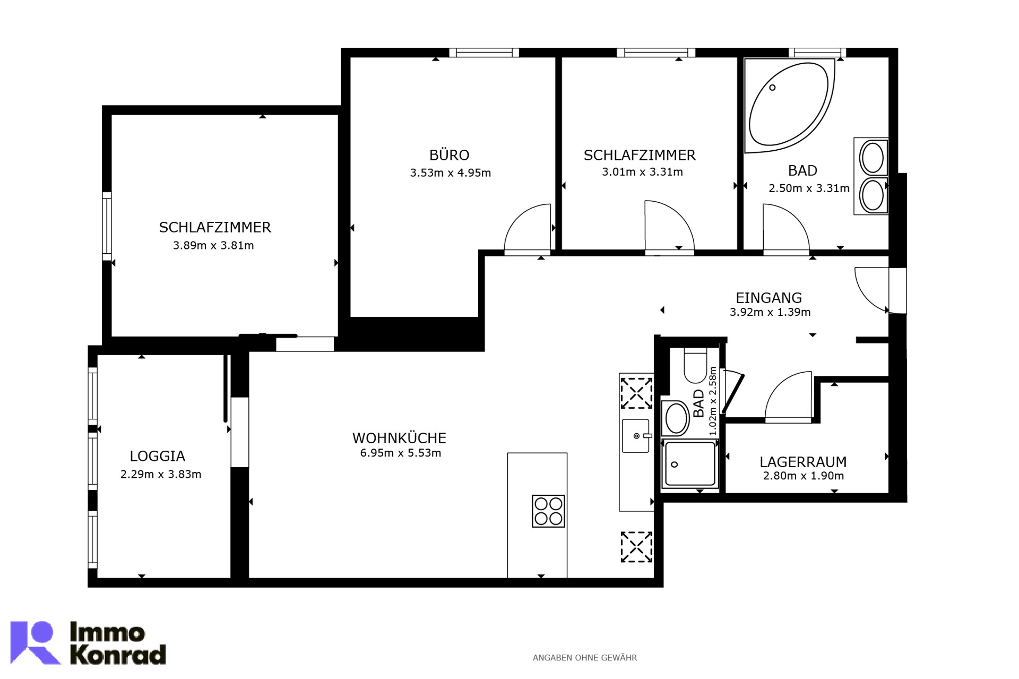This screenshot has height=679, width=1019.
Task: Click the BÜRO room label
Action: tap(449, 155)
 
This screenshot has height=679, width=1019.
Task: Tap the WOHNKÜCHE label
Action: tap(399, 438)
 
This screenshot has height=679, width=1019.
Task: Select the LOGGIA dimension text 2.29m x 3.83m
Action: tap(161, 474)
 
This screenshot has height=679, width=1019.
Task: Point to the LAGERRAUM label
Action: tap(803, 462)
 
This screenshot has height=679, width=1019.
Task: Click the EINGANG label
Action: tap(768, 298)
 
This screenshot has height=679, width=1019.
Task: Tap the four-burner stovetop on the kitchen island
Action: tap(548, 511)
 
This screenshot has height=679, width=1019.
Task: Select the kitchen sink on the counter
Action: tap(636, 435)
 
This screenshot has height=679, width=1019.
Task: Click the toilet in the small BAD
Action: tap(695, 365)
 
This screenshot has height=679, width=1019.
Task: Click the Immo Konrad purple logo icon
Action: tap(35, 642)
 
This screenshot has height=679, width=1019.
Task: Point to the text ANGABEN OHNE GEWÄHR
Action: tap(584, 658)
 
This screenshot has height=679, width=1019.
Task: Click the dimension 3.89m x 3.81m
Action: tap(213, 245)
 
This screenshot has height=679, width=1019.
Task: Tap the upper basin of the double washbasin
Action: tap(873, 158)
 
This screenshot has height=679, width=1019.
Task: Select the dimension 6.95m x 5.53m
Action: tap(401, 453)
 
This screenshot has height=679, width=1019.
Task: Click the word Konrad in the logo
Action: tap(118, 654)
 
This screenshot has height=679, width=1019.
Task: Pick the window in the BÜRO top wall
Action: tap(484, 53)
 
